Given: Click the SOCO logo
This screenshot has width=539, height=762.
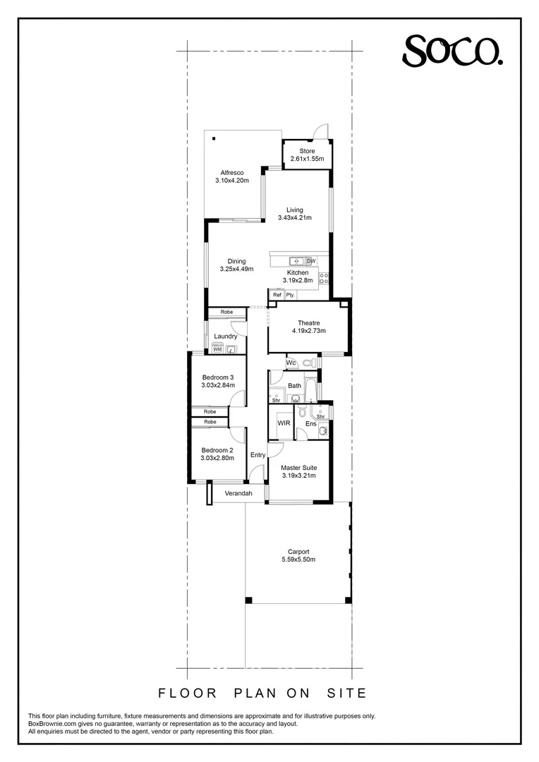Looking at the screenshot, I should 452,51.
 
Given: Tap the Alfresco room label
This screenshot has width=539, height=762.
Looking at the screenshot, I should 232,172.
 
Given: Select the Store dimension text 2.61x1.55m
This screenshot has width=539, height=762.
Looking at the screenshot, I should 307,159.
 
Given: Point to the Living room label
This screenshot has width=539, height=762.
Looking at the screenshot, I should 294,210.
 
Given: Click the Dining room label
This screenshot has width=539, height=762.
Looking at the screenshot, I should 236,261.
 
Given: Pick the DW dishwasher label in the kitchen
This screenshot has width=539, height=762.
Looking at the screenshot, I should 311,261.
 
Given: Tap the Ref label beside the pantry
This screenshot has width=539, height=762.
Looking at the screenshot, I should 277,295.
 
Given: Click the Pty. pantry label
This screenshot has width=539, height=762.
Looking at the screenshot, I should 290,295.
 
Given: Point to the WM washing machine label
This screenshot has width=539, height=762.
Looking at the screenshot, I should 217,349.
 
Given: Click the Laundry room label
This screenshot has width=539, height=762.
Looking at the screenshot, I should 226,336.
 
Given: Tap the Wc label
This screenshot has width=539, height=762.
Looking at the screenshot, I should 291,363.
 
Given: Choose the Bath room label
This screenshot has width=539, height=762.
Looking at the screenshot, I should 295,386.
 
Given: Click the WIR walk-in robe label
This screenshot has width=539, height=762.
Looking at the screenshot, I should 284,423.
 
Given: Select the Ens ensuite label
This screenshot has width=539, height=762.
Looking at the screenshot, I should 310,423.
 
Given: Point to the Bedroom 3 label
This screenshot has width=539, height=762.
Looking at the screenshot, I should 217,376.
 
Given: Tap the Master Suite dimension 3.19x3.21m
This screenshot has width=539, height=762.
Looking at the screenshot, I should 298,476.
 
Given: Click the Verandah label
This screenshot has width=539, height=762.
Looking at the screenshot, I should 238,493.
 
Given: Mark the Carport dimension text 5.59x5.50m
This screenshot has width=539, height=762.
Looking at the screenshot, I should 298,560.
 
